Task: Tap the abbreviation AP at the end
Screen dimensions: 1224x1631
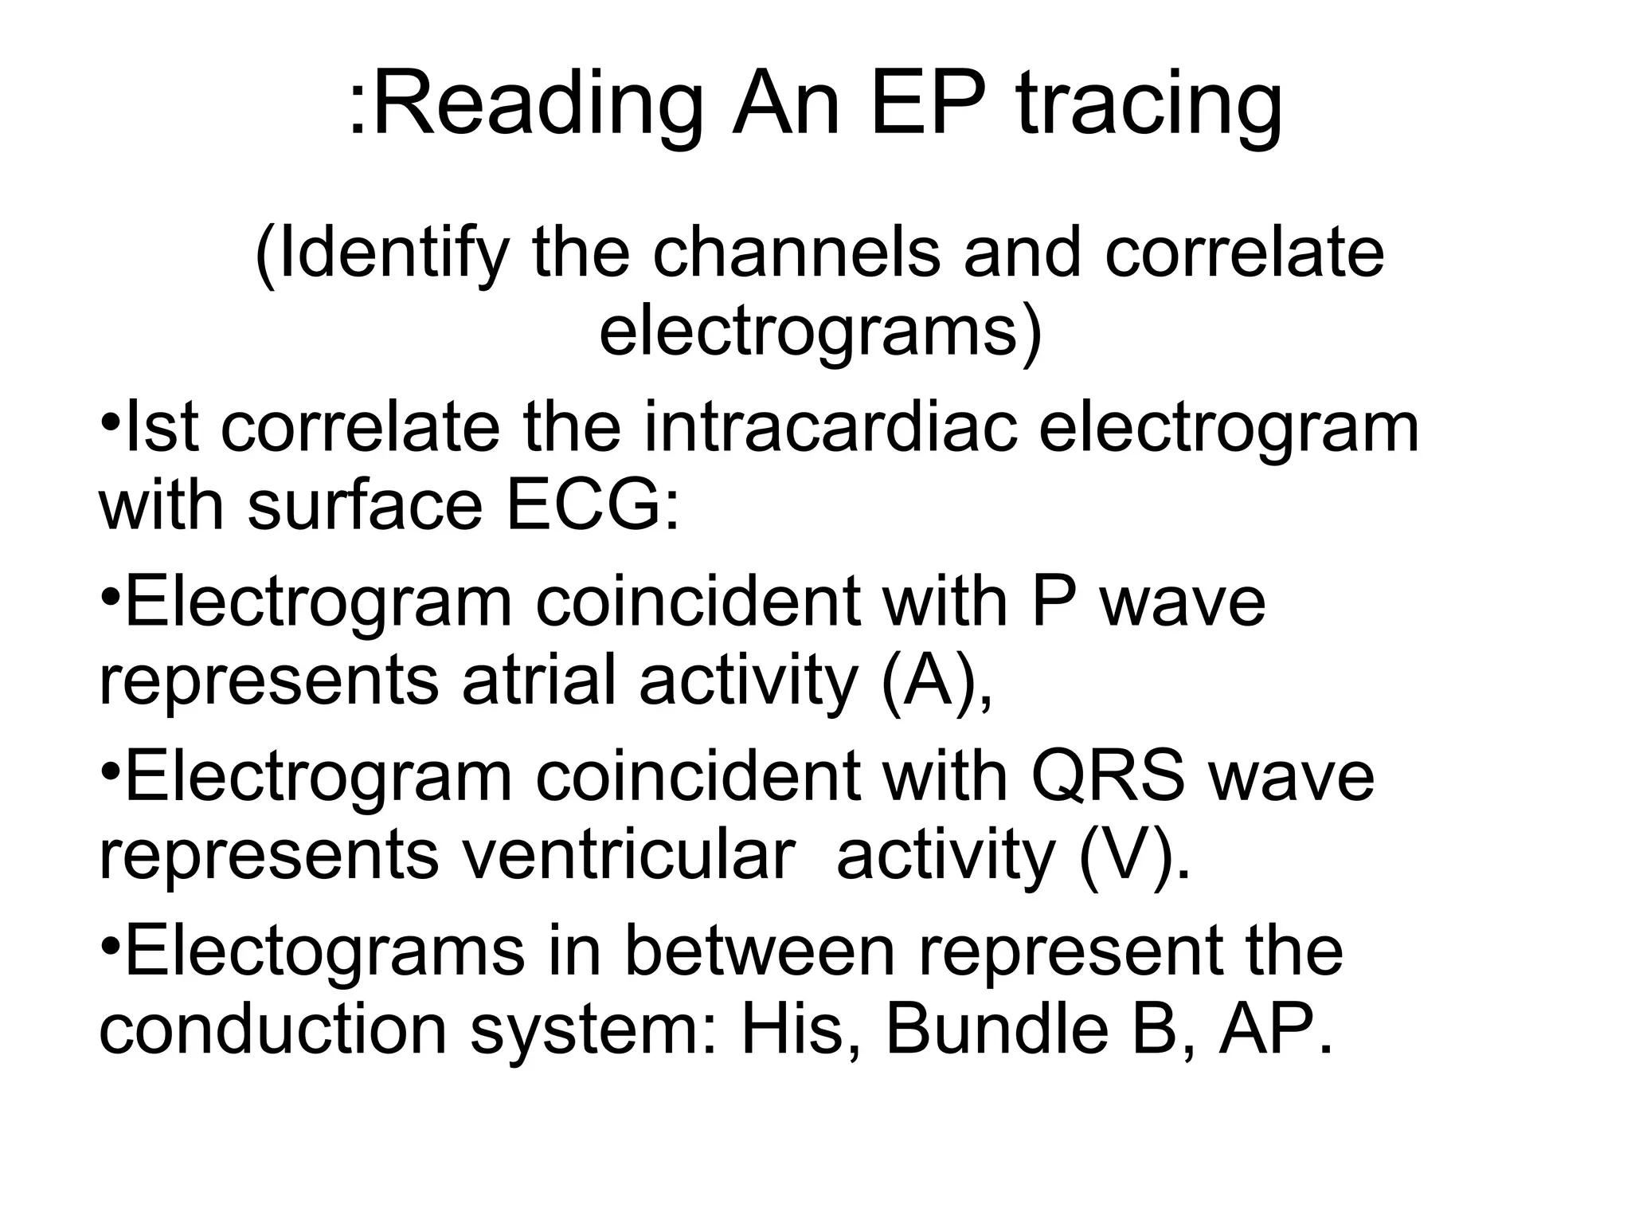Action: (x=1266, y=1030)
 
